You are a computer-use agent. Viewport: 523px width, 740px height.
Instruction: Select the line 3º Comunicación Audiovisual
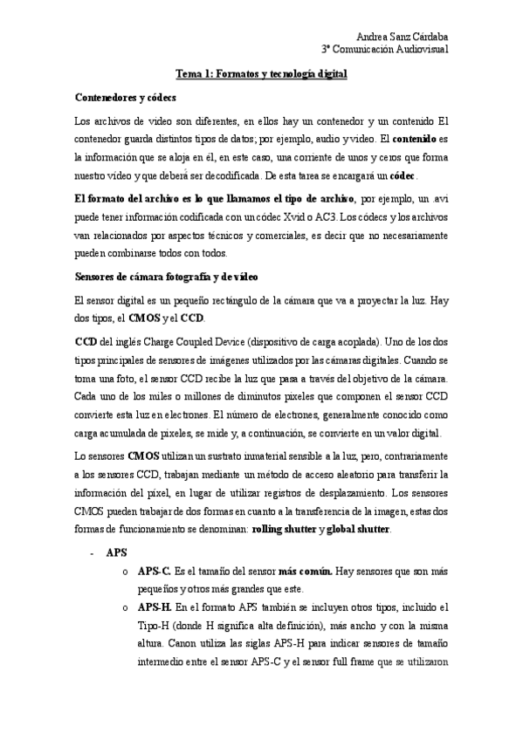click(384, 51)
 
